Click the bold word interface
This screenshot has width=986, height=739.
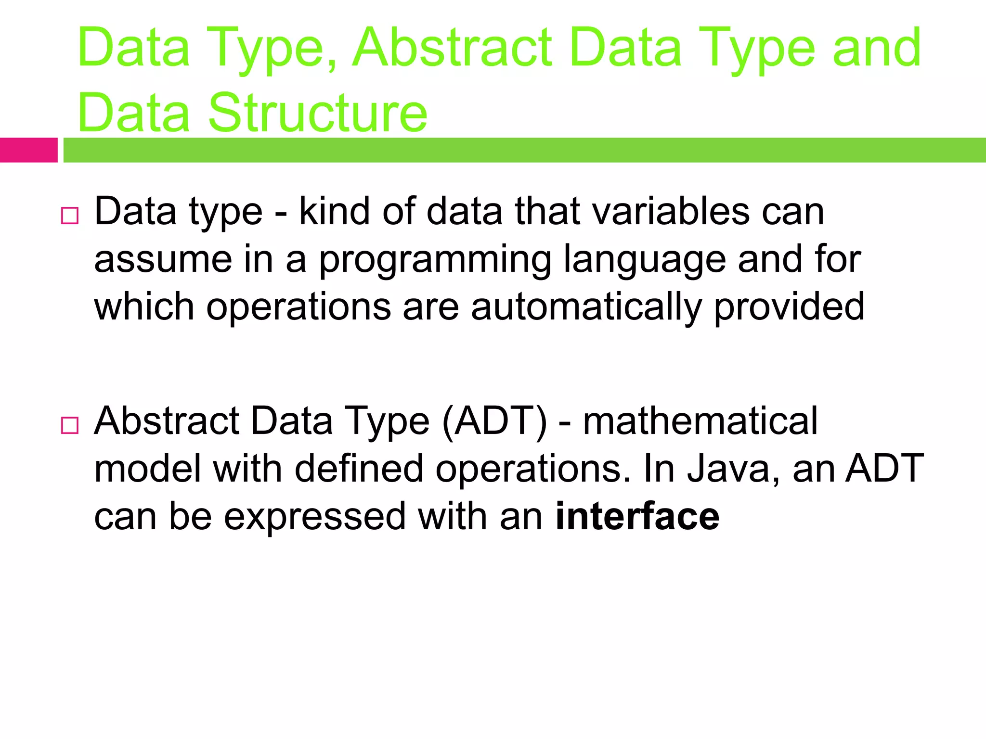[x=637, y=516]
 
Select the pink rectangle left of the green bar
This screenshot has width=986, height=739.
[x=28, y=150]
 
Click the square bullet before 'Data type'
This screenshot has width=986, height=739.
[x=70, y=216]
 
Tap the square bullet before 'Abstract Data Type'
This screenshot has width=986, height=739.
[x=70, y=425]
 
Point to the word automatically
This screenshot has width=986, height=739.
[x=586, y=307]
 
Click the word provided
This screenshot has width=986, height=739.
[x=789, y=307]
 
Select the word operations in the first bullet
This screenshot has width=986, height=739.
[x=298, y=307]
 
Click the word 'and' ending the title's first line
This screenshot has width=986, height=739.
[x=877, y=48]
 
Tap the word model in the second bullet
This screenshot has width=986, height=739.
[x=147, y=469]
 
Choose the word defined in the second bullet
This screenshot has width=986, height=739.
[x=359, y=469]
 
